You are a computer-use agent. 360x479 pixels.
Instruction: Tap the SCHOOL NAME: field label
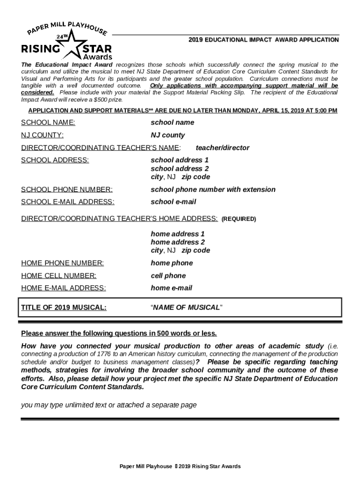click(48, 123)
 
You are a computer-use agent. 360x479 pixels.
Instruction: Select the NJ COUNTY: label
click(43, 135)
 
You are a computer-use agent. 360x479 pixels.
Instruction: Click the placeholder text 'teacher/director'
click(223, 148)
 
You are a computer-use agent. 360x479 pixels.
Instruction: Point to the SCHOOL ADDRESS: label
click(55, 160)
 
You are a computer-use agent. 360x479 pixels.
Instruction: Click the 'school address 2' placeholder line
click(180, 168)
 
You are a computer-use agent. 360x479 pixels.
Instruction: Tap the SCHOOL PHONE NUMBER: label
click(67, 189)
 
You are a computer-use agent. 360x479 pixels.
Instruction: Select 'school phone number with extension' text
click(213, 189)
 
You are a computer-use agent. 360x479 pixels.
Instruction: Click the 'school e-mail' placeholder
click(173, 202)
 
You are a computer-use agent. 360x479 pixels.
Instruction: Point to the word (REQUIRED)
click(238, 219)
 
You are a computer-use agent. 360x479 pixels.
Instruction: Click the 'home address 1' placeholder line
click(178, 233)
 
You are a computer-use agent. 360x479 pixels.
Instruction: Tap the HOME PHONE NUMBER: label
click(63, 263)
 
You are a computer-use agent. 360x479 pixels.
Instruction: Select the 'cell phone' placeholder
click(168, 276)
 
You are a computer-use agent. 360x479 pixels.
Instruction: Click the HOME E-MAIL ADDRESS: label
click(64, 288)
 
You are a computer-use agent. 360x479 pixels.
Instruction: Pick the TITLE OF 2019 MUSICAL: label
click(64, 307)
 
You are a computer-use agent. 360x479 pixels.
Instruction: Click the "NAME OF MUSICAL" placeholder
click(187, 307)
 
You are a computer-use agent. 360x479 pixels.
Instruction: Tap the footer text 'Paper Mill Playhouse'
click(146, 466)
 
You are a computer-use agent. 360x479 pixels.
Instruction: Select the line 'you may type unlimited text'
click(108, 405)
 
